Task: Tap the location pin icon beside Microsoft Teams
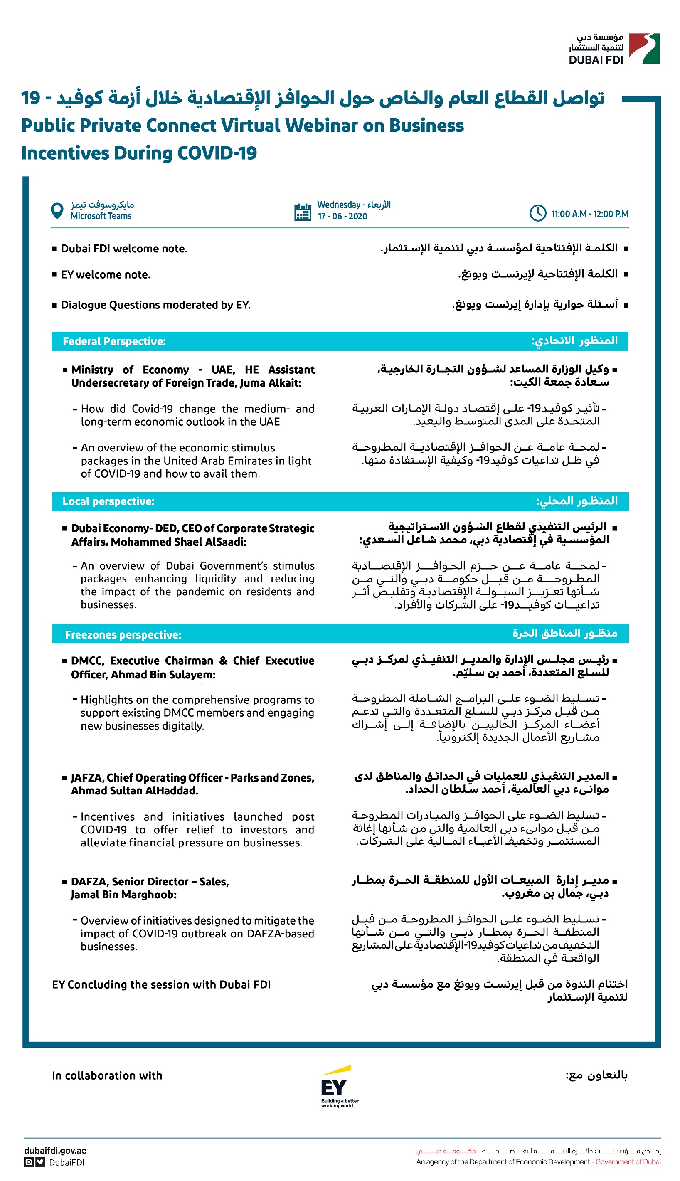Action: (57, 211)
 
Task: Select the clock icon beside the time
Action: (537, 213)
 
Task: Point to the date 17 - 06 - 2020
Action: (342, 217)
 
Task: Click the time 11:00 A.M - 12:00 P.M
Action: (589, 214)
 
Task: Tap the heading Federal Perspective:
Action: (114, 341)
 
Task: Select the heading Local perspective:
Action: (108, 501)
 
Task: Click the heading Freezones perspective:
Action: (123, 635)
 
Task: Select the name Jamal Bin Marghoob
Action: (123, 895)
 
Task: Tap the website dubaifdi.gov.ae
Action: (55, 1151)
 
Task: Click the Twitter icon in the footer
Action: (41, 1162)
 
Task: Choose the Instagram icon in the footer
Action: (29, 1162)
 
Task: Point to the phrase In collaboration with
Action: (107, 1076)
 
